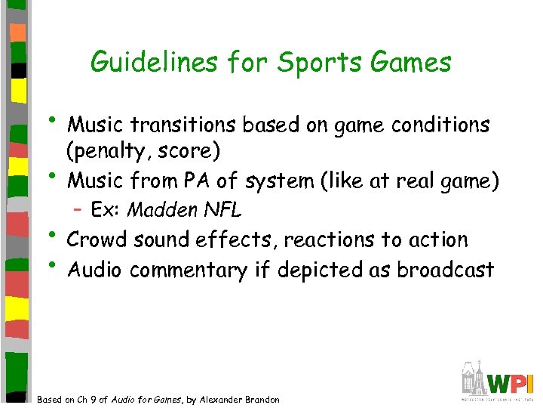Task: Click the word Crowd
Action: point(95,240)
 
